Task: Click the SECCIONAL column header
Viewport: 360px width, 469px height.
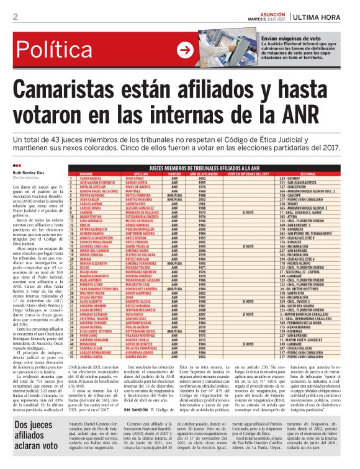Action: [x=308, y=173]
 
